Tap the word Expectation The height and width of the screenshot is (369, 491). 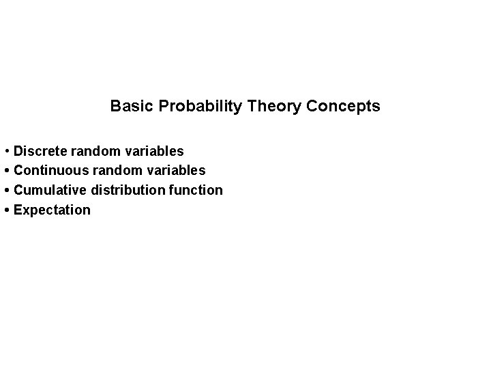click(x=52, y=210)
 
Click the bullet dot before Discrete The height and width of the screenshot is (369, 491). click(x=6, y=150)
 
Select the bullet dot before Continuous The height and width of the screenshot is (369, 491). click(x=6, y=170)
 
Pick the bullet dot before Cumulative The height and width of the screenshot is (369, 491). click(x=6, y=190)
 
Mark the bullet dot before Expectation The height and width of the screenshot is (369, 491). click(x=6, y=210)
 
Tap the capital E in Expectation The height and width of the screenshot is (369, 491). click(x=18, y=210)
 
